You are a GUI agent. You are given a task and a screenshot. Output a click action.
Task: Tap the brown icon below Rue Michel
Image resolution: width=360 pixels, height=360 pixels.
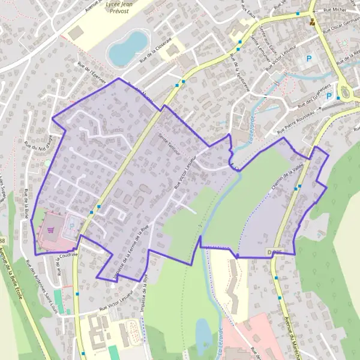[312, 23]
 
